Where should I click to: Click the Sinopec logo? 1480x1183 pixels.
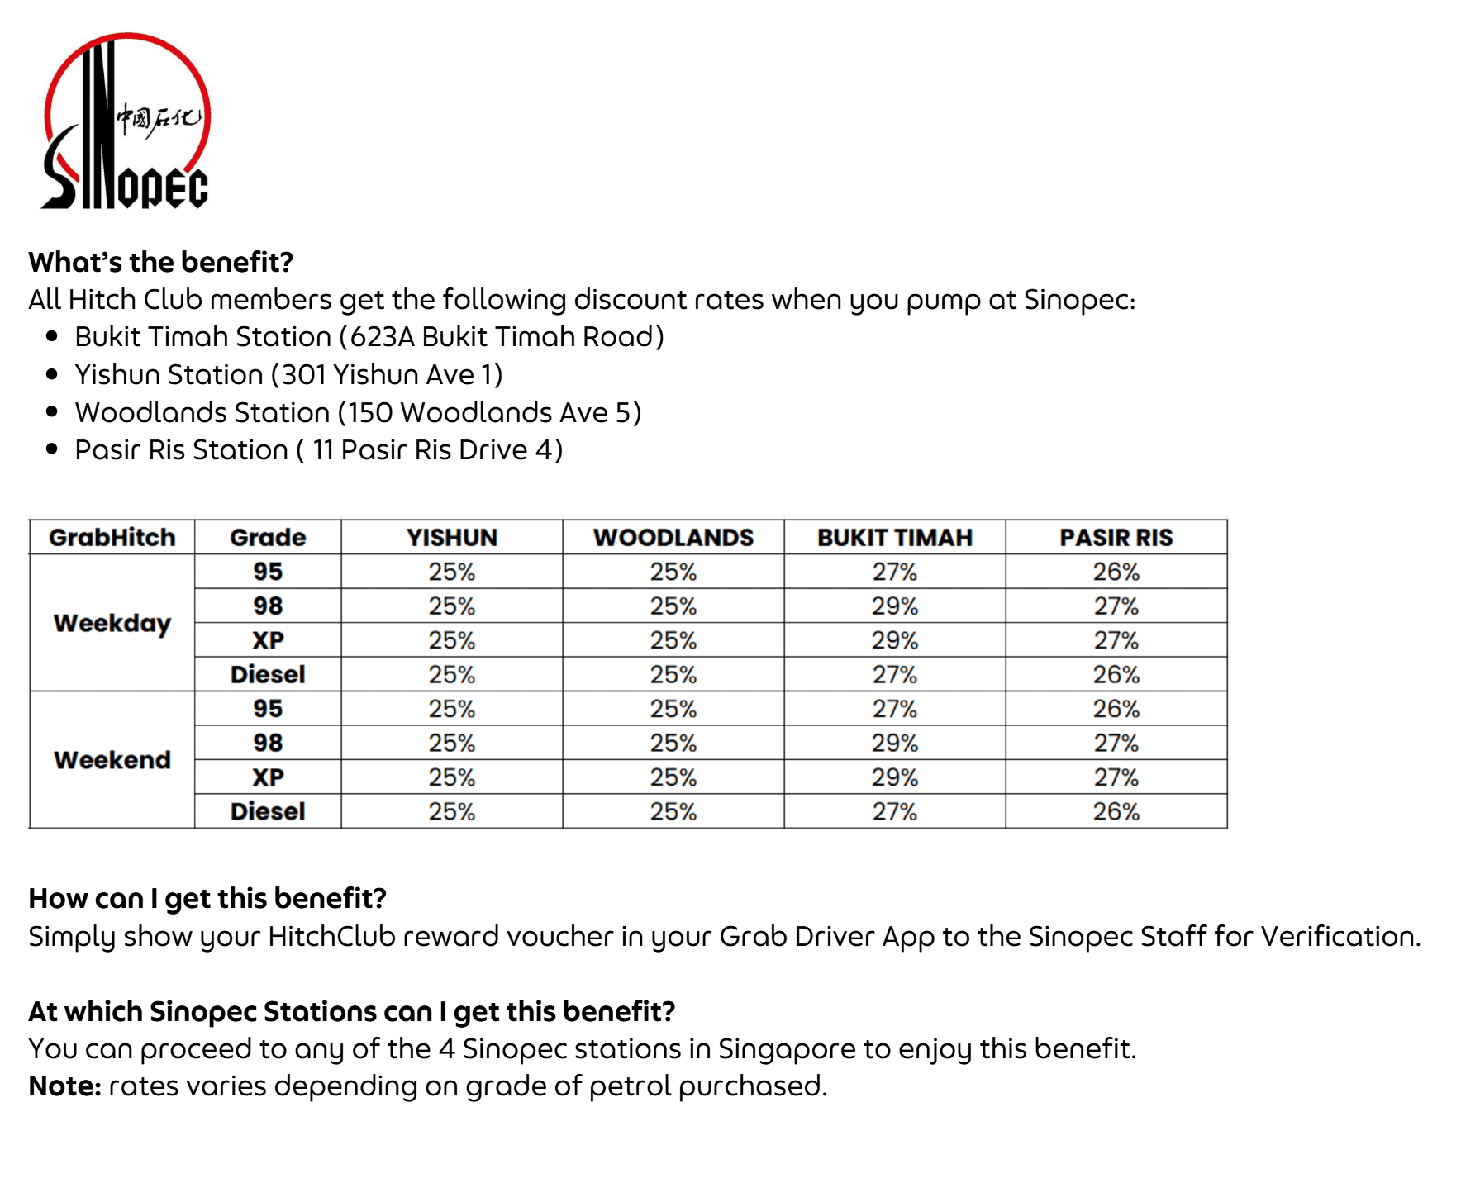pos(126,121)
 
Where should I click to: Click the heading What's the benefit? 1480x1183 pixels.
pos(161,262)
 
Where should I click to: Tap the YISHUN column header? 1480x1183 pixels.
pos(452,538)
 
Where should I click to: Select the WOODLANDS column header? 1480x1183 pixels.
pos(673,538)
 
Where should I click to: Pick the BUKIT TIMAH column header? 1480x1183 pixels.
pos(895,538)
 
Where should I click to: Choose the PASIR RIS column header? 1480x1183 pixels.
pos(1116,538)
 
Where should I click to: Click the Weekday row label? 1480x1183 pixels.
pos(112,623)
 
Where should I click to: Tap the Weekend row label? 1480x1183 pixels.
pos(112,760)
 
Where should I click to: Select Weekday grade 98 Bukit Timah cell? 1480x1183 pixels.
pos(895,606)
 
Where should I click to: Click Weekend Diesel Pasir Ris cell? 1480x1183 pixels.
pos(1116,811)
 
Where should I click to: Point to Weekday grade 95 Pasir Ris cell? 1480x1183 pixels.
pos(1116,572)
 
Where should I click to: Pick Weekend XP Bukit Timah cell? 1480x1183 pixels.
pos(895,777)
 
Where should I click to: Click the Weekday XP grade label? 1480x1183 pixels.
pos(268,640)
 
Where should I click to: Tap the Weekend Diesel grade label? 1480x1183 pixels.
pos(268,811)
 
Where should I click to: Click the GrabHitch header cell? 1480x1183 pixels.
pos(112,538)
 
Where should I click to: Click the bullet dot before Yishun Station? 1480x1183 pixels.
pos(52,374)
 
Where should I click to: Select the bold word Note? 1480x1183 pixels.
pos(64,1086)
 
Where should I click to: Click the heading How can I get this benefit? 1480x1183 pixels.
pos(207,898)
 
